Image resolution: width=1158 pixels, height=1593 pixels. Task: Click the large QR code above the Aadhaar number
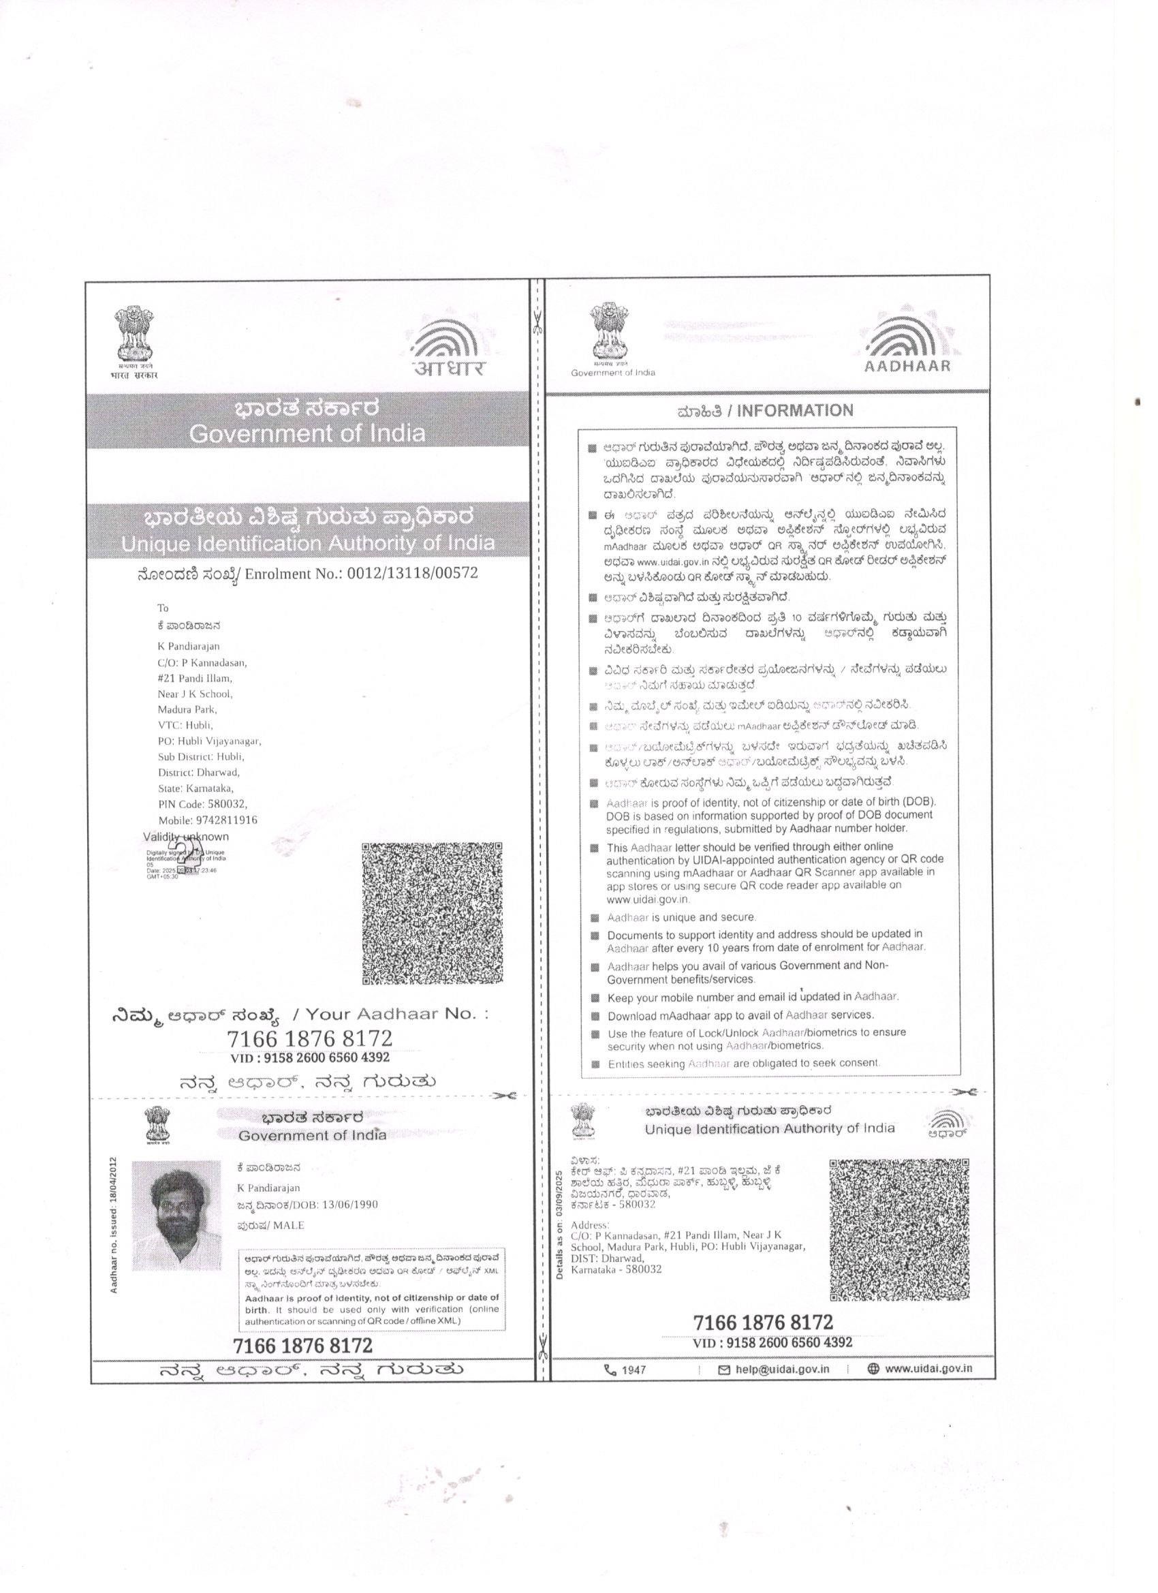[x=433, y=913]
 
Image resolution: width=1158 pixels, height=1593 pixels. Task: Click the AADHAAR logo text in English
[x=907, y=366]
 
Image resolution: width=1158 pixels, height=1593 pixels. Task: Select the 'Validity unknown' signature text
[x=186, y=837]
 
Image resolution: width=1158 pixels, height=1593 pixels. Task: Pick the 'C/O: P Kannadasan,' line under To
[x=202, y=662]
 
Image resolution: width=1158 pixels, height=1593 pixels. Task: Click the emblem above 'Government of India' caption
[x=608, y=334]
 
